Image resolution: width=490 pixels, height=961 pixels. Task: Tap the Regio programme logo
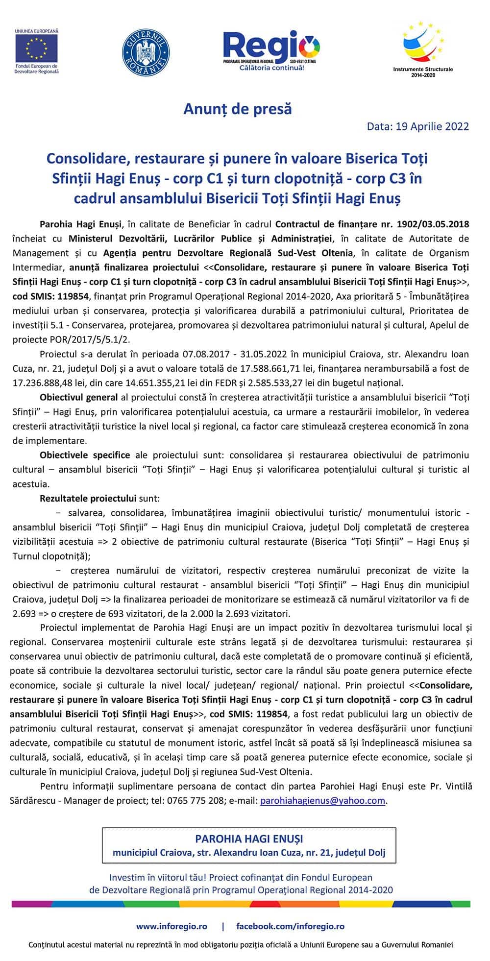[271, 48]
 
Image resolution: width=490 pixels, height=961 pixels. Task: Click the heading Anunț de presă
[238, 109]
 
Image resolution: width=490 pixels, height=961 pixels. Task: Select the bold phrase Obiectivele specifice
[85, 455]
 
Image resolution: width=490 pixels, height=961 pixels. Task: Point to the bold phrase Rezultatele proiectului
[88, 499]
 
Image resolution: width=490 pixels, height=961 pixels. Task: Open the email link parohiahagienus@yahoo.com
[322, 801]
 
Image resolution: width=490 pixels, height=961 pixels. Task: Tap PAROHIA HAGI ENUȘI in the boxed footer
[249, 839]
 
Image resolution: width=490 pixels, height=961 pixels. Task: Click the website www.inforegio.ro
[171, 926]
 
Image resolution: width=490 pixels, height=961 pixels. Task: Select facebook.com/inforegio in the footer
[290, 926]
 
